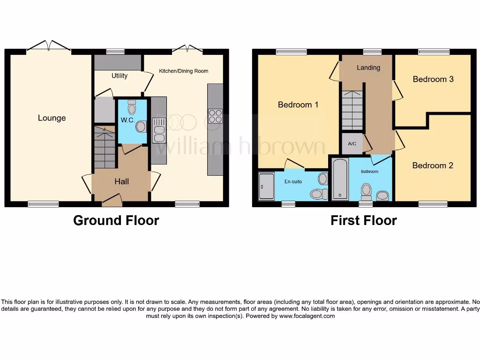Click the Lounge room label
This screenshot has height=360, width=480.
point(52,118)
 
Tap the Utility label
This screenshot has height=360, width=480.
point(120,75)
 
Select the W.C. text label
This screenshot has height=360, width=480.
point(127,120)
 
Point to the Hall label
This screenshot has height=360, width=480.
point(121,181)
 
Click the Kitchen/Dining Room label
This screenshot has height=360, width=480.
point(183,71)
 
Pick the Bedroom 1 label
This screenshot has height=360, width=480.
point(298,105)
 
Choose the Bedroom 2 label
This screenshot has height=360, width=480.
point(433,165)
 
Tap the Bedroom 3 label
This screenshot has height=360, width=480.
point(433,79)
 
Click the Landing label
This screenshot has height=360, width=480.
point(368,67)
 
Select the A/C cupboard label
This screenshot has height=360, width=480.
point(352,144)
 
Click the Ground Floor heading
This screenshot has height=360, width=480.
point(116,220)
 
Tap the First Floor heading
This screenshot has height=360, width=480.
point(364,220)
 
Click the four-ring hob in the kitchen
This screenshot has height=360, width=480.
point(215,116)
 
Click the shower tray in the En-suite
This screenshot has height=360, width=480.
point(266,187)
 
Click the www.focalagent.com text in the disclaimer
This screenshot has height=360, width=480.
point(307,316)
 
